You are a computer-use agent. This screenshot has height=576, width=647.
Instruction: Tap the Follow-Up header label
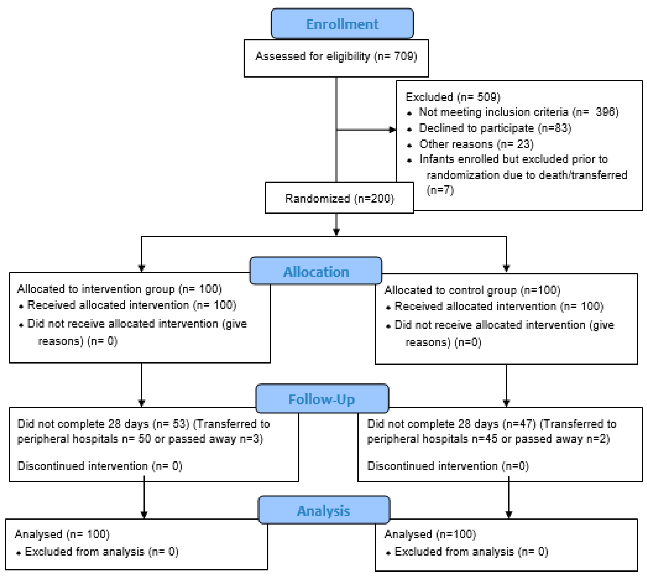(322, 399)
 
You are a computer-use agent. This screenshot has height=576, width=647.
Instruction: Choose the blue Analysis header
(324, 511)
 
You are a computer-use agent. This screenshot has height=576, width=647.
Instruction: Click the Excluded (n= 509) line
(453, 97)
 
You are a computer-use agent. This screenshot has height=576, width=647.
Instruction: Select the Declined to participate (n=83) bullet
(495, 128)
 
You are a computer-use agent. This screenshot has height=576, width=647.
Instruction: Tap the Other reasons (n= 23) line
(476, 144)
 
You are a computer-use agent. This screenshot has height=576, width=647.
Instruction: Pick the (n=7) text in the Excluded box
(440, 190)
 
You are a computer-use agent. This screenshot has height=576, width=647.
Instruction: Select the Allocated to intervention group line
(119, 289)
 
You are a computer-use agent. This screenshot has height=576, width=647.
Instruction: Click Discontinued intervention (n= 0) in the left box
(100, 466)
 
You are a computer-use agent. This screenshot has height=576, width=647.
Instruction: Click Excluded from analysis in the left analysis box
(101, 552)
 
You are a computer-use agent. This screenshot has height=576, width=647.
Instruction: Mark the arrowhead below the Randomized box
(336, 232)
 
